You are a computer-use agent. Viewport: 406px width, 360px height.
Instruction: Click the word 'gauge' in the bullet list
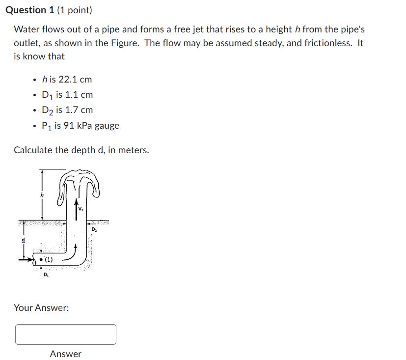[x=107, y=125]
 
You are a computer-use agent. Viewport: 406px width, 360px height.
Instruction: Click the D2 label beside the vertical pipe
[x=94, y=229]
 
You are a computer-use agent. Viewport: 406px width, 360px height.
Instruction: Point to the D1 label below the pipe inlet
[x=46, y=275]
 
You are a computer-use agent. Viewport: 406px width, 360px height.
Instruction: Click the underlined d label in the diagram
[x=22, y=240]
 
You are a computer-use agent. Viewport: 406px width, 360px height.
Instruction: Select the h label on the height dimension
[x=42, y=195]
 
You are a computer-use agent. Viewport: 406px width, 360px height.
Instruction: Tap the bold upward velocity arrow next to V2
[x=76, y=206]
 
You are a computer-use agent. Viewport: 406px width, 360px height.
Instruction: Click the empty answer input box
[x=66, y=334]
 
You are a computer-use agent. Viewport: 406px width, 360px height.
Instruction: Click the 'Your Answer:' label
[x=41, y=307]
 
